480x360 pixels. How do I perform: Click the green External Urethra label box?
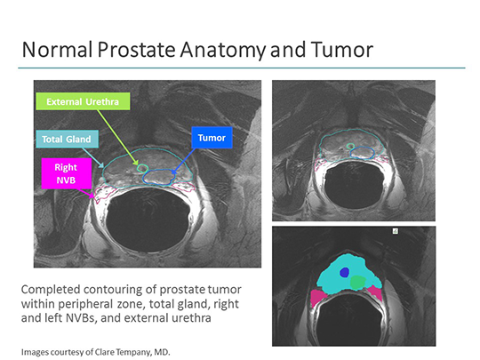coord(83,101)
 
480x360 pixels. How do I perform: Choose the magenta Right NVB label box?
coord(66,172)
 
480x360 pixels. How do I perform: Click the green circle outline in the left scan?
coord(141,166)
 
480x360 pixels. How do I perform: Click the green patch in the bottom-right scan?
coord(357,281)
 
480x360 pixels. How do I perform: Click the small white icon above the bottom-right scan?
coord(396,230)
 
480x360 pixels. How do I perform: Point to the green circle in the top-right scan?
coord(350,145)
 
